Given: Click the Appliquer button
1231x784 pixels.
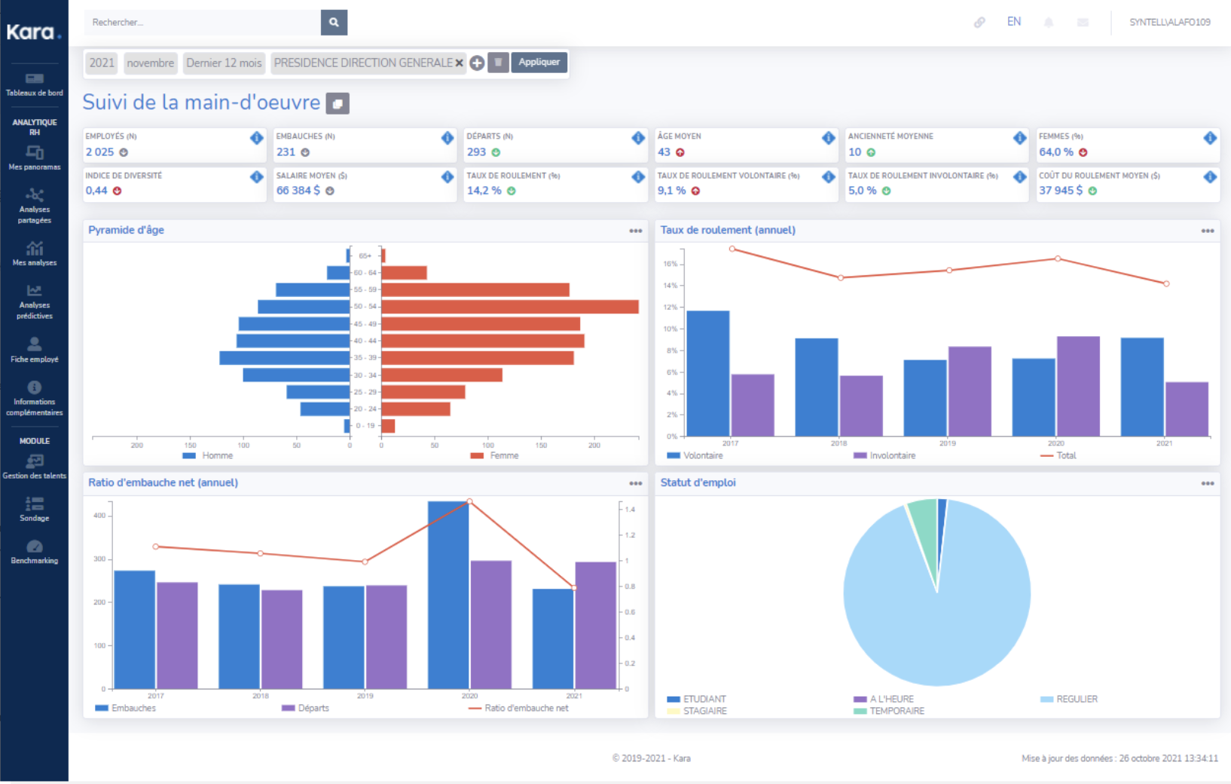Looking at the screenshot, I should pos(539,63).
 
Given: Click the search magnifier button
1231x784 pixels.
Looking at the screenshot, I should pos(334,23).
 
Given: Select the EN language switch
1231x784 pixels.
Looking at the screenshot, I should pos(1014,22).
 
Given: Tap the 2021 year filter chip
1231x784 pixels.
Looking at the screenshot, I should pos(102,63).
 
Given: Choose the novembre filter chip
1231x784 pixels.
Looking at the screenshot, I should pos(150,63).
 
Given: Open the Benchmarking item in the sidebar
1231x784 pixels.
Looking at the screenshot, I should pos(35,552).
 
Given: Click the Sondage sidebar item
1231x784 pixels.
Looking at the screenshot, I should pos(35,509).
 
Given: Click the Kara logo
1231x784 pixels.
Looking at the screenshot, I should pos(32,32).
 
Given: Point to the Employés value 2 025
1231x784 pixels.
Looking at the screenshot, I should pos(99,152).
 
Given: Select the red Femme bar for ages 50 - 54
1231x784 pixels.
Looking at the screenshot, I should pos(510,307).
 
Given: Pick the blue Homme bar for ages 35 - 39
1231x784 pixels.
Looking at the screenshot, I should pos(285,358).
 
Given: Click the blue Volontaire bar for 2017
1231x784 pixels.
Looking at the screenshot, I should pos(708,373).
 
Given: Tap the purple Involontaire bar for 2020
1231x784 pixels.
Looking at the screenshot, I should pos(1078,386).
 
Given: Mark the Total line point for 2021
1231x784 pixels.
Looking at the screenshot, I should pos(1166,284).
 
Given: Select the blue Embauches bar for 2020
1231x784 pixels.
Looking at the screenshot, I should pos(448,596).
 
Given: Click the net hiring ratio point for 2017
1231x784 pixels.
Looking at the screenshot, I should pos(156,547).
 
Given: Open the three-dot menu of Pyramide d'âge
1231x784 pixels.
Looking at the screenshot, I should pos(636,231).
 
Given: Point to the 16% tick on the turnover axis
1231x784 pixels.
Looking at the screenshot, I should pos(670,264).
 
